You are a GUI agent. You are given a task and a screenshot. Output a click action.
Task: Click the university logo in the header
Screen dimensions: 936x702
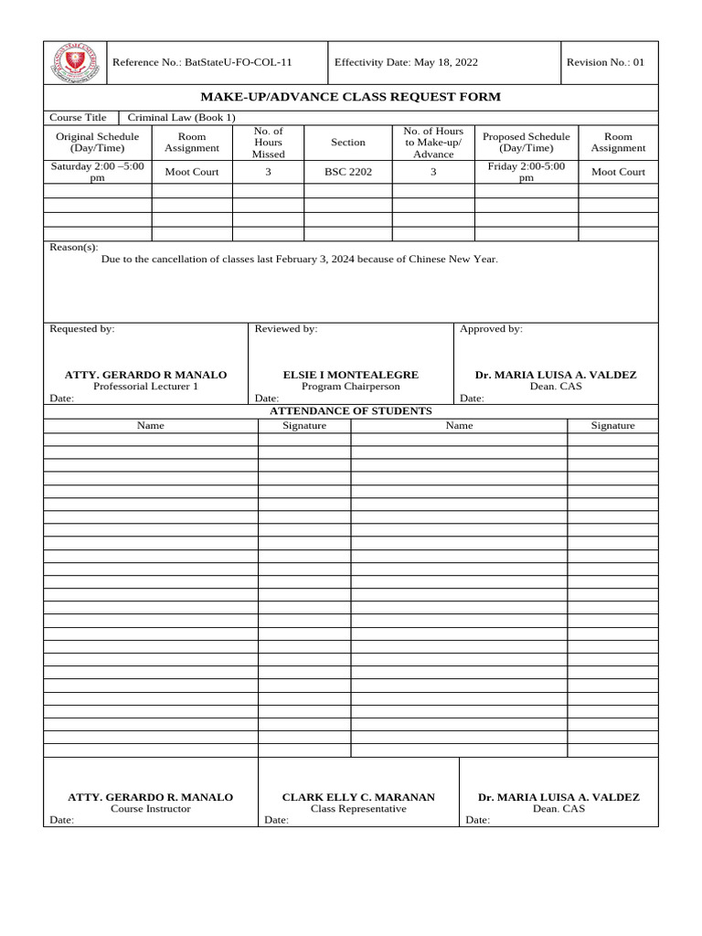point(75,63)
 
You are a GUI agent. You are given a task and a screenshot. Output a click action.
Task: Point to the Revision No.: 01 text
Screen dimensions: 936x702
point(605,63)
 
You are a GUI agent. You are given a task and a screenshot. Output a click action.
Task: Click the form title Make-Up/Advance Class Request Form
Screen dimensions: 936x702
point(351,98)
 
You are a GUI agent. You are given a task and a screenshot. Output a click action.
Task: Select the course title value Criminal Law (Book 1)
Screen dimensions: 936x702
point(181,118)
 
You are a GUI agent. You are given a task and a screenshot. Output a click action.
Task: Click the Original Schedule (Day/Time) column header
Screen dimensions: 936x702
point(98,143)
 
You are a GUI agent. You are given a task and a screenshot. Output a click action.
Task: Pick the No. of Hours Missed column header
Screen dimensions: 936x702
point(268,143)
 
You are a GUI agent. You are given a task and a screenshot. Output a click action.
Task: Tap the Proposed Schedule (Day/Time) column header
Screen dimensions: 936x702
point(526,143)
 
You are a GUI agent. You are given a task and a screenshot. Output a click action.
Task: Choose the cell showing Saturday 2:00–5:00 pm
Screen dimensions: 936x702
point(98,172)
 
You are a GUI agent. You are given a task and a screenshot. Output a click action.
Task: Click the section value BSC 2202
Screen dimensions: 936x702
point(348,172)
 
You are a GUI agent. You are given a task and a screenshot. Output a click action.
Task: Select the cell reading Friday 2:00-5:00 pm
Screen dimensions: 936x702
point(526,172)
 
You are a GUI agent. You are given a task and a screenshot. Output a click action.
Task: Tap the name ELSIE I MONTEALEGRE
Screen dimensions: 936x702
point(351,375)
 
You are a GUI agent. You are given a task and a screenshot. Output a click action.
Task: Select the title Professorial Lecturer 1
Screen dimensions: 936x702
point(145,387)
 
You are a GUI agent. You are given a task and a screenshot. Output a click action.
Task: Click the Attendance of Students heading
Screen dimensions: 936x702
point(351,411)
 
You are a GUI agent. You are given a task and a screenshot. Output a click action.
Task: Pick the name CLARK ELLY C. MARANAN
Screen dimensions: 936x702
point(358,797)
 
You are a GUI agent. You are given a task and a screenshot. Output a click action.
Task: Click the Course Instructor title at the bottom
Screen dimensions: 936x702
point(151,809)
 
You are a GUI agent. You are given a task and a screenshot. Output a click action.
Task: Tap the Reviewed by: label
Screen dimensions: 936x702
point(286,329)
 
